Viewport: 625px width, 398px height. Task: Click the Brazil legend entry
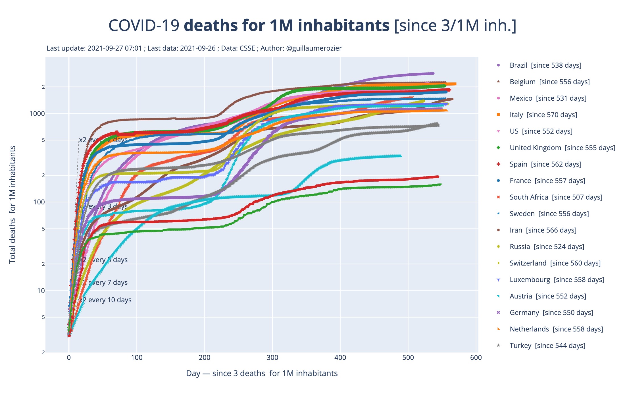pyautogui.click(x=545, y=65)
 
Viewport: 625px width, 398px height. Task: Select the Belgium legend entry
pyautogui.click(x=549, y=82)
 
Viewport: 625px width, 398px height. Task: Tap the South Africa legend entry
pyautogui.click(x=556, y=197)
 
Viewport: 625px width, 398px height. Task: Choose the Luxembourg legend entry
pyautogui.click(x=557, y=280)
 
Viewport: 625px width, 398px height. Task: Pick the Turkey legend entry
pyautogui.click(x=547, y=346)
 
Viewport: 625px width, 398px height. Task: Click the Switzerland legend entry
pyautogui.click(x=555, y=263)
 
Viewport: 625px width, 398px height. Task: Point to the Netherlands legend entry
pyautogui.click(x=556, y=329)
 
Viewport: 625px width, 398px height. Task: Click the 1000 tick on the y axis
pyautogui.click(x=37, y=114)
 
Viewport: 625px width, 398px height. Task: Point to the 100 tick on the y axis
pyautogui.click(x=39, y=202)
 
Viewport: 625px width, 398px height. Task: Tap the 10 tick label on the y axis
pyautogui.click(x=41, y=291)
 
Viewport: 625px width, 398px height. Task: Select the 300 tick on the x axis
pyautogui.click(x=272, y=358)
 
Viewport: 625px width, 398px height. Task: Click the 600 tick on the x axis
pyautogui.click(x=476, y=358)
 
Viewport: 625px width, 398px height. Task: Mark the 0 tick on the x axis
pyautogui.click(x=69, y=358)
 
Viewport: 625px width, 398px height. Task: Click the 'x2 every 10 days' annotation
pyautogui.click(x=105, y=300)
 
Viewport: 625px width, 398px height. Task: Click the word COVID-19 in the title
pyautogui.click(x=144, y=26)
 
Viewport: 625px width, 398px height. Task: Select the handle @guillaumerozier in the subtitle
pyautogui.click(x=314, y=48)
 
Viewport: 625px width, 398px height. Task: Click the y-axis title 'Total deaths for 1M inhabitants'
pyautogui.click(x=13, y=205)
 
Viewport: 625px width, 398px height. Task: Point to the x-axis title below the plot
pyautogui.click(x=262, y=373)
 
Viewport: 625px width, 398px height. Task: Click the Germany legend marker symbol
pyautogui.click(x=498, y=313)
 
